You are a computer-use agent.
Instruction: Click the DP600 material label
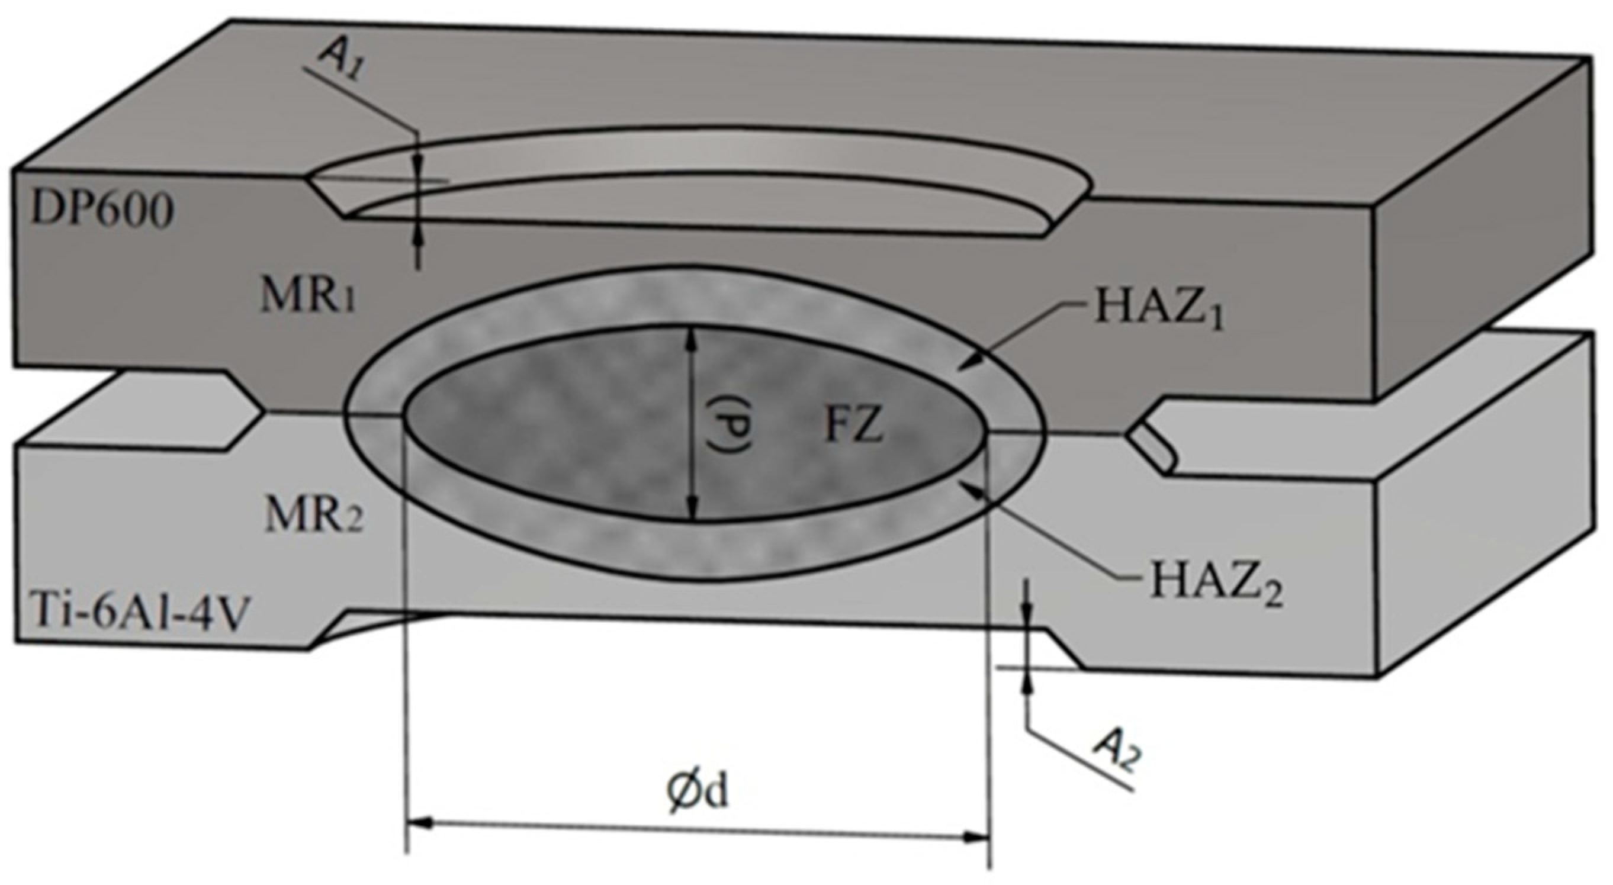coord(102,211)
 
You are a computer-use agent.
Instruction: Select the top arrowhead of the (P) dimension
coord(691,337)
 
